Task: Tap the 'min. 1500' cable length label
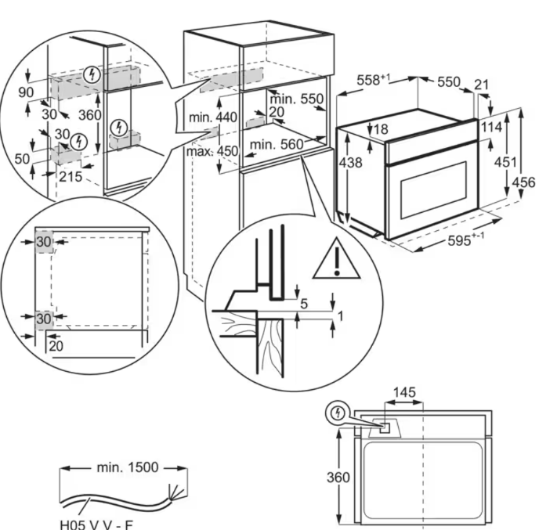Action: coord(128,467)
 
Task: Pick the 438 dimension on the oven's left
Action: coord(352,163)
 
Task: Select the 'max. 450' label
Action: coord(212,151)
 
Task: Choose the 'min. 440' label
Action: coord(212,117)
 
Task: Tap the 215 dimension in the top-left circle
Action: coord(71,177)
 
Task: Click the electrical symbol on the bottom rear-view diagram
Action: coord(337,412)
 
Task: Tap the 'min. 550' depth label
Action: coord(296,99)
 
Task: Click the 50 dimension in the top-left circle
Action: coord(22,159)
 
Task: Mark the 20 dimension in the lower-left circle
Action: coord(56,344)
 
